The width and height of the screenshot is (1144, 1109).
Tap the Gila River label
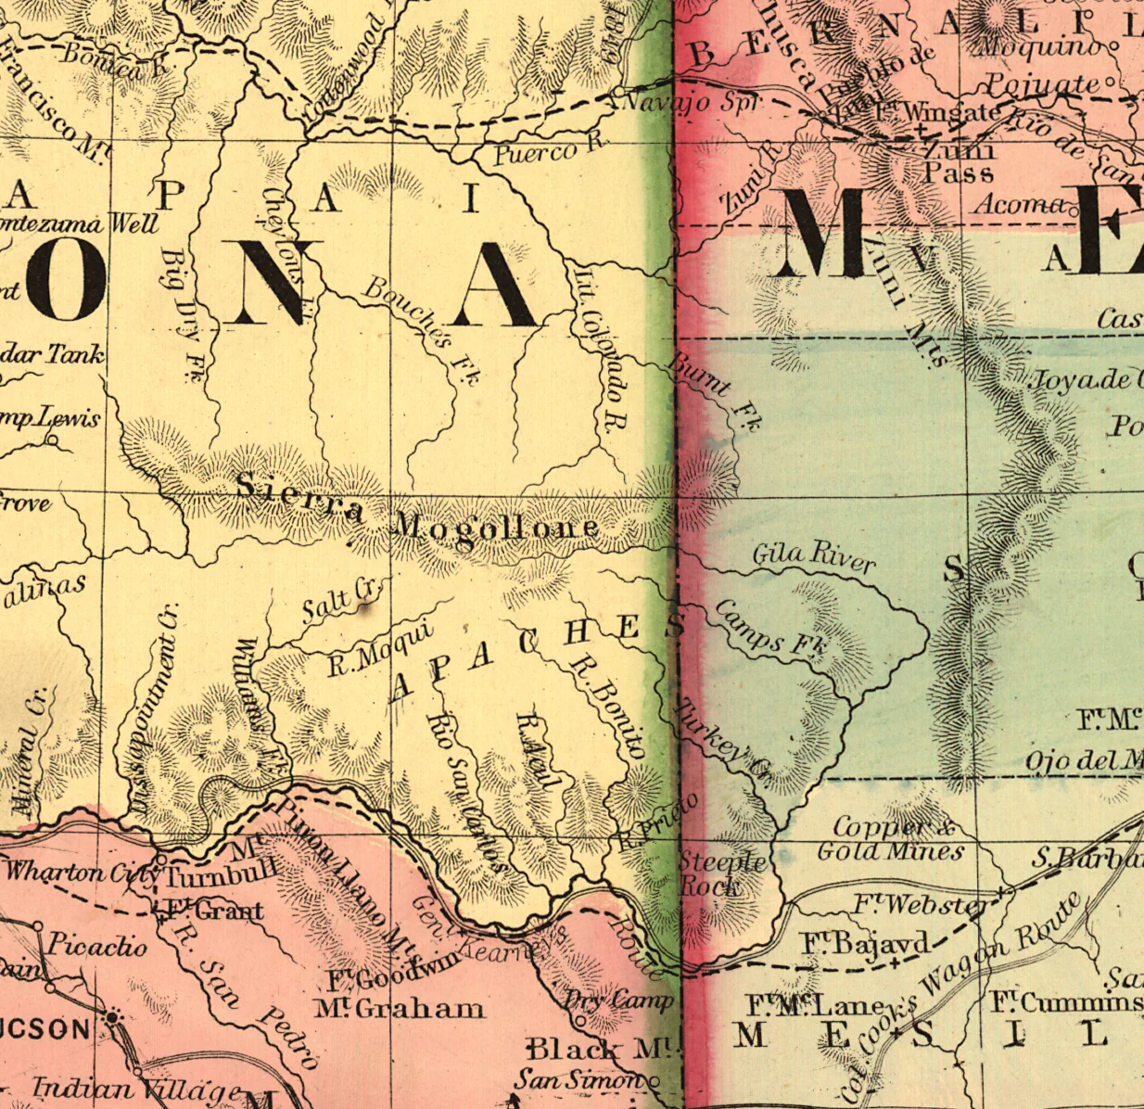click(813, 556)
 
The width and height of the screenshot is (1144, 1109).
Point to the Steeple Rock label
click(722, 873)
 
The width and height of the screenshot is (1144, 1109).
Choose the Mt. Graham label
click(399, 1008)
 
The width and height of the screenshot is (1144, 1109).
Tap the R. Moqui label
click(380, 650)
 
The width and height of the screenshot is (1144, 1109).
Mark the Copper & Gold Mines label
click(890, 838)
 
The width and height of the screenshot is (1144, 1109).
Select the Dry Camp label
click(617, 1001)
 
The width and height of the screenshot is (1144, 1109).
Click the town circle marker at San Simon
click(654, 1080)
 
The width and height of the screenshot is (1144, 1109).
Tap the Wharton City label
click(79, 873)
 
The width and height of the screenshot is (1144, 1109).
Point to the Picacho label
click(96, 946)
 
